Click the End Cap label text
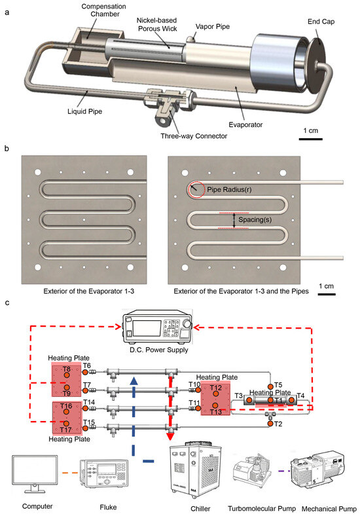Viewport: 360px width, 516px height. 321,22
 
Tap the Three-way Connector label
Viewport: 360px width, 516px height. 194,136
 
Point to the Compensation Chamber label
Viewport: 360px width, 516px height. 103,10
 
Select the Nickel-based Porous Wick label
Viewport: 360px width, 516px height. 157,25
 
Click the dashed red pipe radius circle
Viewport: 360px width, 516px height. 196,189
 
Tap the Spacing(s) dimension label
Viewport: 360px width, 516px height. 255,219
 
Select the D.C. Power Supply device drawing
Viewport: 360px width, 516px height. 157,326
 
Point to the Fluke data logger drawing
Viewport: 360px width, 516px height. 104,473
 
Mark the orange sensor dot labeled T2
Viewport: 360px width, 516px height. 270,424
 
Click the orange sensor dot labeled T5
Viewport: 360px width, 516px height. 270,386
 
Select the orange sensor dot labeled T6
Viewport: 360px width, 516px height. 85,372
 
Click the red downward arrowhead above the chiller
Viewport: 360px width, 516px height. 170,436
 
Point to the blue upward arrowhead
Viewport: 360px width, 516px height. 134,380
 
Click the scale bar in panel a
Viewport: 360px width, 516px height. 311,139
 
